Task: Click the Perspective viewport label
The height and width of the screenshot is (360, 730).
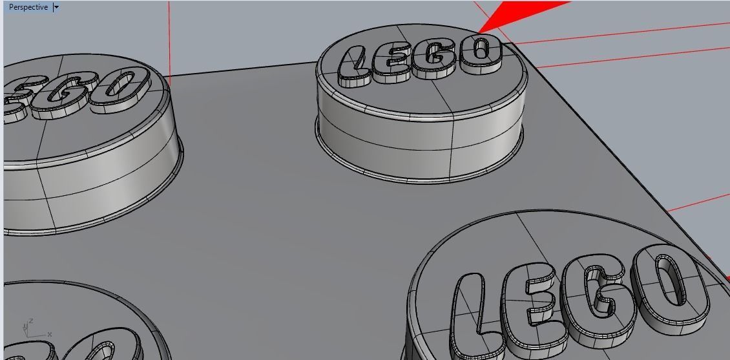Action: click(28, 7)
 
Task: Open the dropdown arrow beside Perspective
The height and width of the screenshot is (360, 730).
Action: click(56, 7)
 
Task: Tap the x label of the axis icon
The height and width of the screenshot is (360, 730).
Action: click(50, 334)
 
